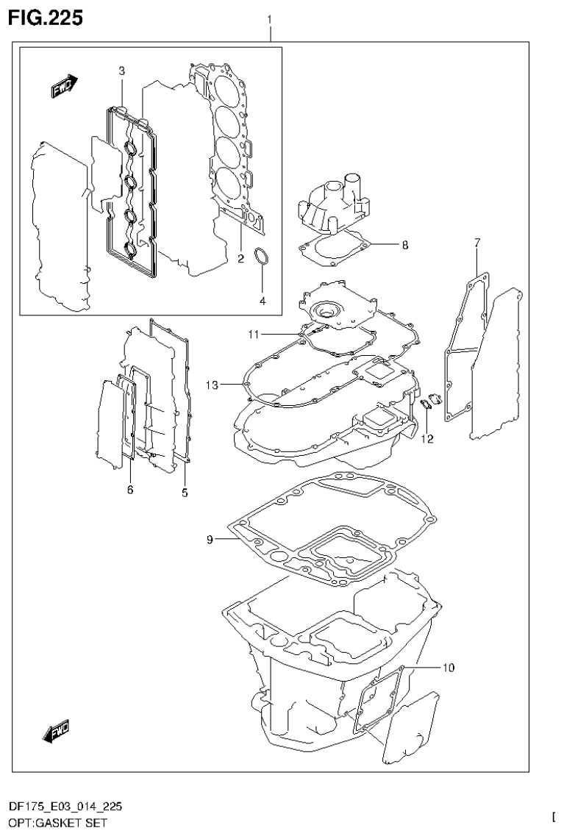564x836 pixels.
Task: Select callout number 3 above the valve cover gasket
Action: click(x=122, y=71)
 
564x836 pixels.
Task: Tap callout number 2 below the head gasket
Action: click(x=240, y=258)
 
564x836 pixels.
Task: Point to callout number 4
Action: click(x=263, y=300)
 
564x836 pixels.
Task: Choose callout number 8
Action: click(x=404, y=246)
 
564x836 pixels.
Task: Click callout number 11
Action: click(x=253, y=335)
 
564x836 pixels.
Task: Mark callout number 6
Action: click(x=130, y=490)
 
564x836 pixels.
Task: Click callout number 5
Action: click(x=185, y=492)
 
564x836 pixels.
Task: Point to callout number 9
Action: click(x=210, y=540)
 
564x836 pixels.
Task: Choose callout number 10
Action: click(x=449, y=668)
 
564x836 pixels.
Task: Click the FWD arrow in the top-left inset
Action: click(x=63, y=87)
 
